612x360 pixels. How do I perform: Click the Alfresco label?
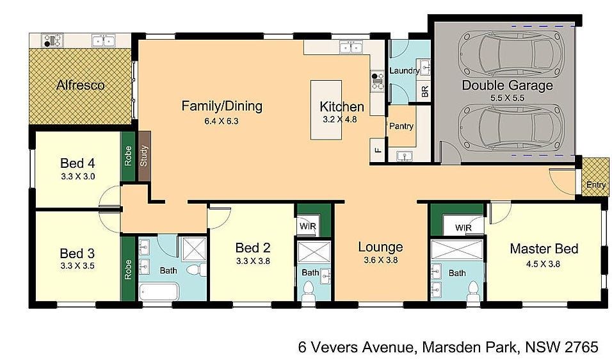(x=81, y=85)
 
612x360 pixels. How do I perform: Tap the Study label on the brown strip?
(x=143, y=156)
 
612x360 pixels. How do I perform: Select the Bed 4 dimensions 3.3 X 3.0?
(x=78, y=177)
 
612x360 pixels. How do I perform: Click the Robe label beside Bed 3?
(x=128, y=270)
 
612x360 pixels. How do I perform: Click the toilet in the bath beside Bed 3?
(x=197, y=270)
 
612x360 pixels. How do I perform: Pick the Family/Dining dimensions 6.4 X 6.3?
(x=221, y=121)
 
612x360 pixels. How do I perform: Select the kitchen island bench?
(x=326, y=110)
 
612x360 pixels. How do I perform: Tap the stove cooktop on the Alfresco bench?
(x=52, y=40)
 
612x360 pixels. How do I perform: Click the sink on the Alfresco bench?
(x=104, y=40)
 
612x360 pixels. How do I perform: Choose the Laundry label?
(x=405, y=70)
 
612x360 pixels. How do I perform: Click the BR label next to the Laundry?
(x=425, y=92)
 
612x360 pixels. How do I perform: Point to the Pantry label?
(x=401, y=126)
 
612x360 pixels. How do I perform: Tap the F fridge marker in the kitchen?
(x=378, y=149)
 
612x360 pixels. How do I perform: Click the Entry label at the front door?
(x=596, y=184)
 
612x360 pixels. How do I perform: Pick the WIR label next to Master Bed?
(x=463, y=227)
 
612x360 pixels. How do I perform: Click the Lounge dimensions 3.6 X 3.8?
(x=380, y=260)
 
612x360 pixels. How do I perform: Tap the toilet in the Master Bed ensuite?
(x=474, y=292)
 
